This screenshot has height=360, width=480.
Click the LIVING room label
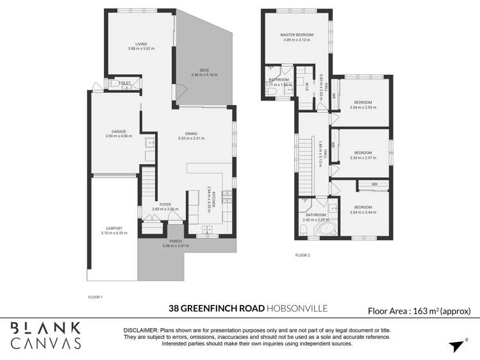coord(132,44)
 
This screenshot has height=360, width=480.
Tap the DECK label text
coord(204,70)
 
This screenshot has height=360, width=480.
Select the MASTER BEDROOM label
coord(296,35)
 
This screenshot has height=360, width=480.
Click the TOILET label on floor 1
coord(124,83)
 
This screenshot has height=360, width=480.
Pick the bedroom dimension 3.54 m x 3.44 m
coord(363,212)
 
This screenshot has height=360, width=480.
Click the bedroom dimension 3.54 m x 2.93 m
coord(363,108)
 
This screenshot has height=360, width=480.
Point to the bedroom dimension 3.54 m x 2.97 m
coord(363,158)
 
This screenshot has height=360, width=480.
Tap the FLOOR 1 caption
coord(95,297)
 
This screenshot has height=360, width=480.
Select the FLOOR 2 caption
coord(302,256)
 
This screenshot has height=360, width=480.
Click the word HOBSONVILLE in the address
coord(297,309)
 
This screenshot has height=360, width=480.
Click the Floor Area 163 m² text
coord(419,311)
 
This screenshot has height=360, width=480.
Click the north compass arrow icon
coord(456,346)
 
